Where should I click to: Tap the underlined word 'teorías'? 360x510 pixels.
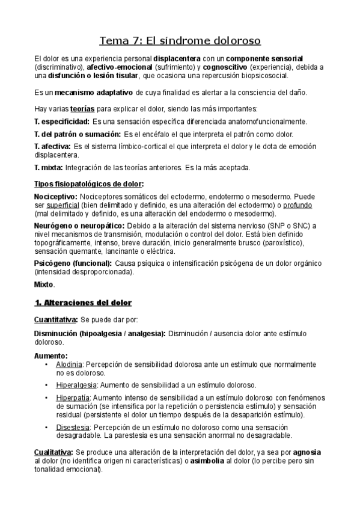82,109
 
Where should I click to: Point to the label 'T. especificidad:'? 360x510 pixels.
62,121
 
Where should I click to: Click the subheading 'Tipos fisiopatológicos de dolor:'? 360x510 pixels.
89,183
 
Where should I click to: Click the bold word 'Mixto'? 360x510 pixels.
44,284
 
